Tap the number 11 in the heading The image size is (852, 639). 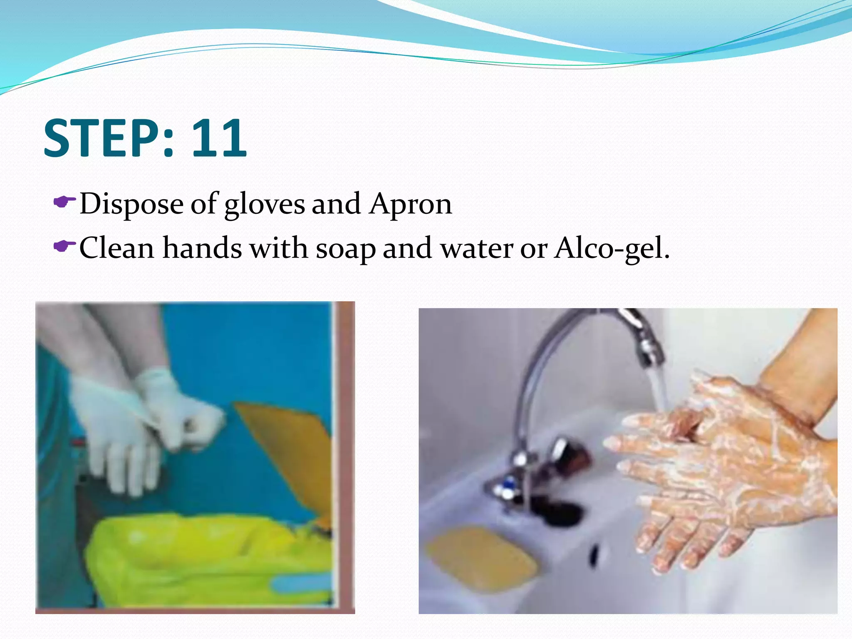click(x=219, y=138)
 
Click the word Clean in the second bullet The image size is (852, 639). click(x=116, y=248)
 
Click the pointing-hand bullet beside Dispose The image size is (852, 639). click(x=64, y=203)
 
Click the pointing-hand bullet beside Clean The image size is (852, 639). click(x=64, y=246)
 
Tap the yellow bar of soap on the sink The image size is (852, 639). click(x=483, y=557)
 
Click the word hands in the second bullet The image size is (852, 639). click(x=202, y=248)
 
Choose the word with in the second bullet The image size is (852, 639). click(x=279, y=248)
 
